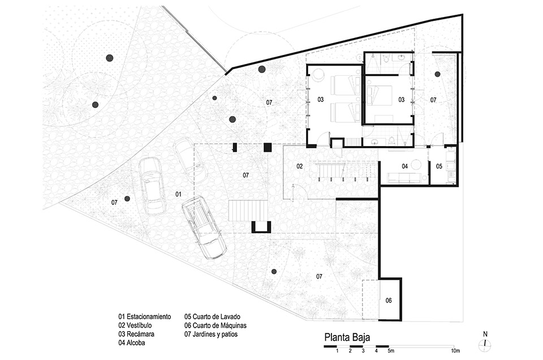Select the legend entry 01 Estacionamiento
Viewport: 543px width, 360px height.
point(144,316)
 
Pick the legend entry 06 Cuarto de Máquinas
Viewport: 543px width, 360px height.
point(216,325)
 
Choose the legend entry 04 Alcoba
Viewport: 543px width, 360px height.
point(132,342)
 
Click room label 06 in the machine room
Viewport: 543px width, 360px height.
point(389,300)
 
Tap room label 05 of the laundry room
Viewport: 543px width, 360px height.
point(439,166)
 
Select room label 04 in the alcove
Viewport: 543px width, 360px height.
point(405,166)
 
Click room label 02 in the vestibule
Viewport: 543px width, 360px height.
point(300,166)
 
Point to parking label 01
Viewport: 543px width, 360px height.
point(178,194)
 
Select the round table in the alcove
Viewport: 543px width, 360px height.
point(416,165)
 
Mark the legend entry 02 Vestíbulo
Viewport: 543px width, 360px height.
point(135,325)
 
